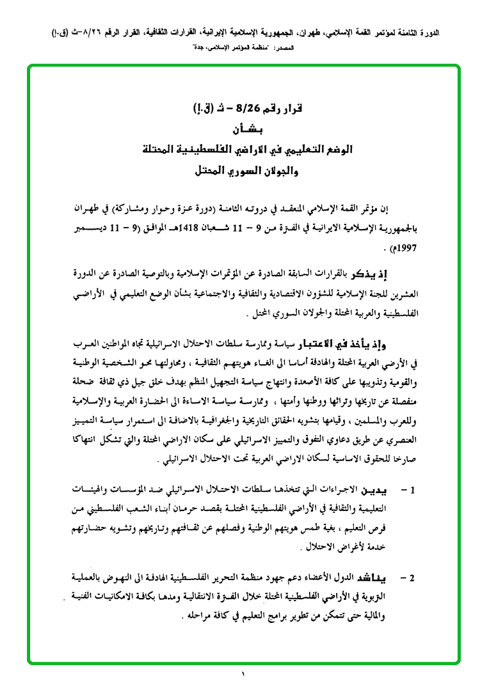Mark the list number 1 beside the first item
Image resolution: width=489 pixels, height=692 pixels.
click(x=413, y=491)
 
